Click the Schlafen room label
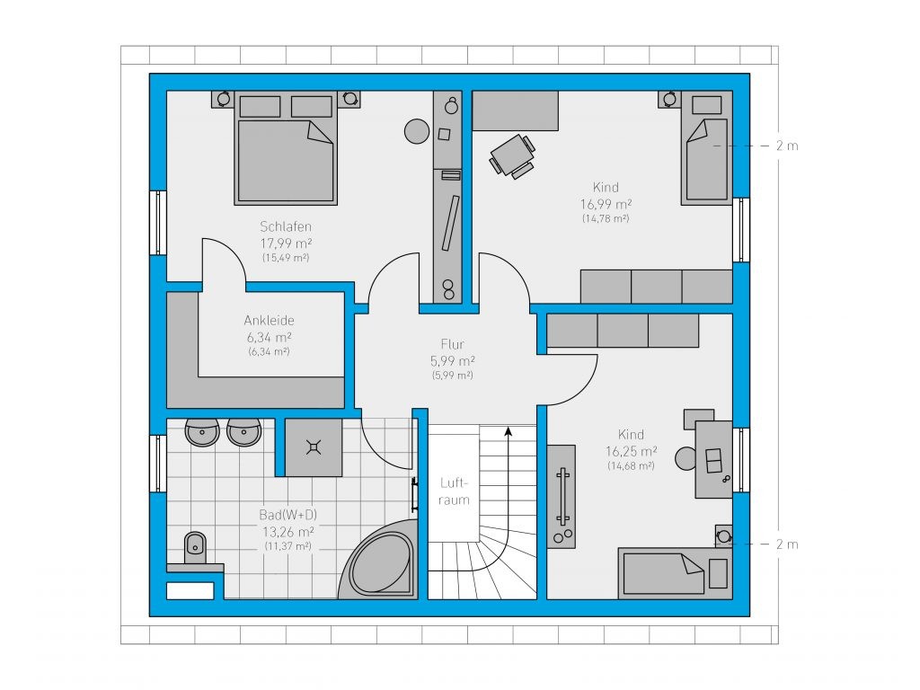click(286, 226)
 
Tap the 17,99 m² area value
click(286, 243)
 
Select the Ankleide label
click(270, 321)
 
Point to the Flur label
click(453, 344)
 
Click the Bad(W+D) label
click(288, 515)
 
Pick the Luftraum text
click(454, 491)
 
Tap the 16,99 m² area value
click(606, 204)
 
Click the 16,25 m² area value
click(632, 451)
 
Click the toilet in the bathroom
click(195, 547)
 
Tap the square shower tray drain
click(314, 447)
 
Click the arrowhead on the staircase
click(509, 432)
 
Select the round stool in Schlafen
click(417, 131)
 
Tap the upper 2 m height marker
click(787, 146)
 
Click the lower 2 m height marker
click(787, 544)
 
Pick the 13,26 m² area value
click(288, 532)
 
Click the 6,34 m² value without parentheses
click(270, 338)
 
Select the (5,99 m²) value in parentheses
click(453, 376)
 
